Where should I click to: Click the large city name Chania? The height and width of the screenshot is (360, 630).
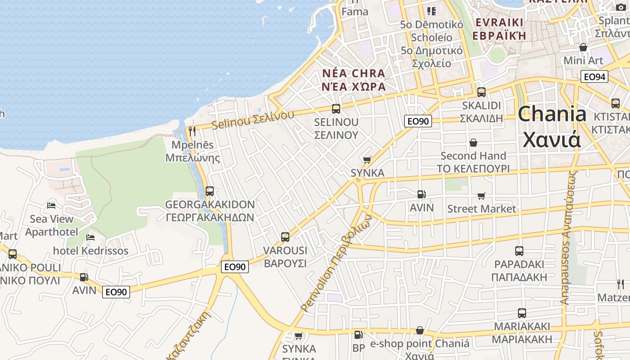click(x=552, y=115)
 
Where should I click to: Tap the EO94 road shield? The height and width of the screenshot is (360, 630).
click(x=594, y=76)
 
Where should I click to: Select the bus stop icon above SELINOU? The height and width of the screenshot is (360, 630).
click(x=336, y=108)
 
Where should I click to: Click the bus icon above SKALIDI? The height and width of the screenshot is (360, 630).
click(x=481, y=92)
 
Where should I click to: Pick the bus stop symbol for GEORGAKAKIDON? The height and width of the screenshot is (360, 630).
click(x=209, y=191)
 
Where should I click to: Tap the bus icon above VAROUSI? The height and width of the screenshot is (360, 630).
click(x=285, y=237)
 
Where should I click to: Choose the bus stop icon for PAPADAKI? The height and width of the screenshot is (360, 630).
click(x=519, y=251)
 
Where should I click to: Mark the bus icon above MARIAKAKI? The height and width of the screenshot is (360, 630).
click(x=522, y=313)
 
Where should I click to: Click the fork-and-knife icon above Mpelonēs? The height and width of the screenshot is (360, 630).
click(x=192, y=131)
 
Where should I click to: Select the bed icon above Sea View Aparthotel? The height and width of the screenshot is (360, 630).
click(x=51, y=206)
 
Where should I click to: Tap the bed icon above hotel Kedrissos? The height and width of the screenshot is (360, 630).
click(x=90, y=237)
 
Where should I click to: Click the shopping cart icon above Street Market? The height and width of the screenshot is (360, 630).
click(x=481, y=196)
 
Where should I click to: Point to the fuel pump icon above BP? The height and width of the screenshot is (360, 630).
click(x=358, y=334)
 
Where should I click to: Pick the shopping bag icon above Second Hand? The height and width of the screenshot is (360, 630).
click(x=473, y=143)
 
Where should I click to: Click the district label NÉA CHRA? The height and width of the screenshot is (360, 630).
click(x=354, y=73)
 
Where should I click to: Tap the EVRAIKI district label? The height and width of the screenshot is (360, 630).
click(x=499, y=22)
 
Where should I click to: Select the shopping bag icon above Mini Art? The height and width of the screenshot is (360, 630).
click(x=583, y=47)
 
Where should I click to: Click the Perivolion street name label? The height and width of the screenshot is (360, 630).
click(x=336, y=263)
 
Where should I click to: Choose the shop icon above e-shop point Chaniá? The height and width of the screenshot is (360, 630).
click(x=419, y=331)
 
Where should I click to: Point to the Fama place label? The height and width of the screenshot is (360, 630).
click(x=355, y=12)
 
